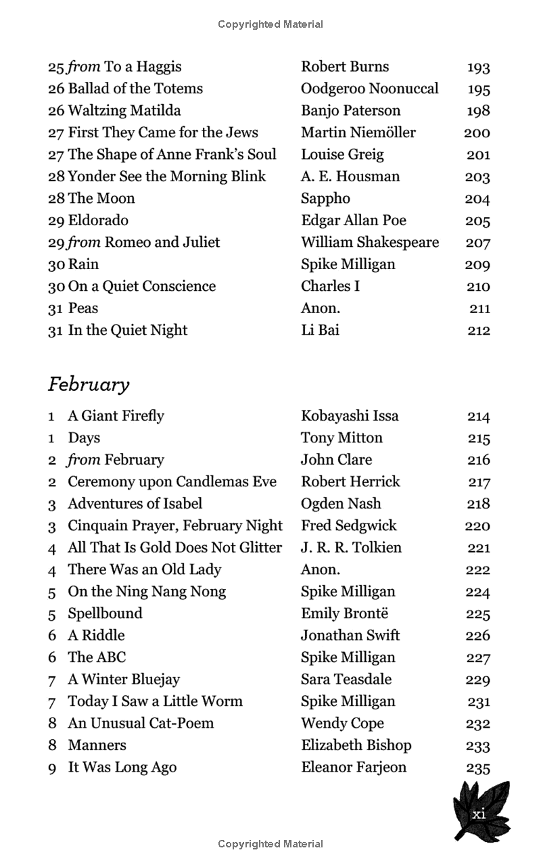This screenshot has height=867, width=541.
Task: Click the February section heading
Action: [x=89, y=385]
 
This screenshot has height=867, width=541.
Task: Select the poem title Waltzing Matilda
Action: [x=124, y=111]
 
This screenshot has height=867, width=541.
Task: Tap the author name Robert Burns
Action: [x=345, y=67]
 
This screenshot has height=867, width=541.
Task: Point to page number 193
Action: [x=478, y=68]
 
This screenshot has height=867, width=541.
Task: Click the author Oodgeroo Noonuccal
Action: [x=369, y=89]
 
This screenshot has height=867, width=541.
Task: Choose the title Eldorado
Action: [x=98, y=220]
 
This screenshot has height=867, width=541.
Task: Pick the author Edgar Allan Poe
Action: [x=354, y=220]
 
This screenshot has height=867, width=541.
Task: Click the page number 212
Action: [x=478, y=331]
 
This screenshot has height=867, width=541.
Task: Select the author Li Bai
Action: [x=320, y=330]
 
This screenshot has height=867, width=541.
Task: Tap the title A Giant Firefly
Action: [x=116, y=416]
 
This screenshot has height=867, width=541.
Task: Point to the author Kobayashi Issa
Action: [x=350, y=416]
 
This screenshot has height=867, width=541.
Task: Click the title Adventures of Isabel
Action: [x=135, y=504]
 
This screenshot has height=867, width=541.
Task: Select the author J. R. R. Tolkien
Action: [x=351, y=548]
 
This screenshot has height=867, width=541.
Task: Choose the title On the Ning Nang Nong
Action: [x=147, y=592]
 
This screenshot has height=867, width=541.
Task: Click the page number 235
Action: [x=478, y=768]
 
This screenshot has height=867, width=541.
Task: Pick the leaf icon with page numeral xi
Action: [x=480, y=811]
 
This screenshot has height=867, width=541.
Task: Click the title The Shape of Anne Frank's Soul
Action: [x=172, y=155]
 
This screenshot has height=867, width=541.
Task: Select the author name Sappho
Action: [x=325, y=199]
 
